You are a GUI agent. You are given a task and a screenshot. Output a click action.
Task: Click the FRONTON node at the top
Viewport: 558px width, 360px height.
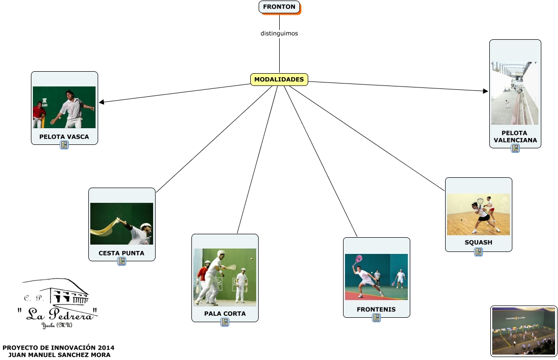[x=279, y=7]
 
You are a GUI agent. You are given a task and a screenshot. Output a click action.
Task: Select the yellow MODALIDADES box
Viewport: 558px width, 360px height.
[x=279, y=80]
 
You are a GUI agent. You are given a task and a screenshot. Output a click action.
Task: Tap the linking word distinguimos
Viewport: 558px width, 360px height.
[x=279, y=34]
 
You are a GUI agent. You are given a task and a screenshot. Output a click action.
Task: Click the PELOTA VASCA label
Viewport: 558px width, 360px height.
[x=64, y=137]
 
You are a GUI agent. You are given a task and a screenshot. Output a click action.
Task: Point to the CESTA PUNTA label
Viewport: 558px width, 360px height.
[x=121, y=253]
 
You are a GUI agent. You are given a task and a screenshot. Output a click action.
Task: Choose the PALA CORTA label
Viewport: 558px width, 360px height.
[x=225, y=313]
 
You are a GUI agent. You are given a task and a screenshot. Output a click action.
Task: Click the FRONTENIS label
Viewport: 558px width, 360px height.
[x=376, y=309]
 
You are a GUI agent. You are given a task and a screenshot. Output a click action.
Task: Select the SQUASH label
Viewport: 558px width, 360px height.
[x=478, y=242]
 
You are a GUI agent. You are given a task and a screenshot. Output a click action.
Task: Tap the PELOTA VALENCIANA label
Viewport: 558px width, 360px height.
[x=515, y=137]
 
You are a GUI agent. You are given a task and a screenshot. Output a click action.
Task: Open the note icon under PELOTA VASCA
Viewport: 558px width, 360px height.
[x=64, y=145]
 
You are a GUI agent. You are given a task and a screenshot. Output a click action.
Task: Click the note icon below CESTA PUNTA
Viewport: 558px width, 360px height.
[x=122, y=262]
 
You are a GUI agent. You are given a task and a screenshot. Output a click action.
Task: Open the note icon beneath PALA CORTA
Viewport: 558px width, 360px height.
[x=225, y=322]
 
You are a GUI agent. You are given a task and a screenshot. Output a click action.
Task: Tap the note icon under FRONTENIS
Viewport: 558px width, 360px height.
[x=376, y=318]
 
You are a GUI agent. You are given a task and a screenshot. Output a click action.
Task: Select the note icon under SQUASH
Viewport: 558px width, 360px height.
[x=478, y=252]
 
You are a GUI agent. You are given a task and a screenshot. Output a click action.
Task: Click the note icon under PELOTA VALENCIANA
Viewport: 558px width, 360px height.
[x=515, y=148]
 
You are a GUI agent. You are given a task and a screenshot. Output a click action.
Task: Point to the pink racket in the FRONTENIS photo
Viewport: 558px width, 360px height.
[x=358, y=258]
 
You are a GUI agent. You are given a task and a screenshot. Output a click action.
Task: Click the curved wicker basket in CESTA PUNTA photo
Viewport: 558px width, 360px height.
[x=105, y=226]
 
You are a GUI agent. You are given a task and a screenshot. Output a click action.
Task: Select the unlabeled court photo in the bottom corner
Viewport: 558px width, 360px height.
[x=524, y=331]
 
